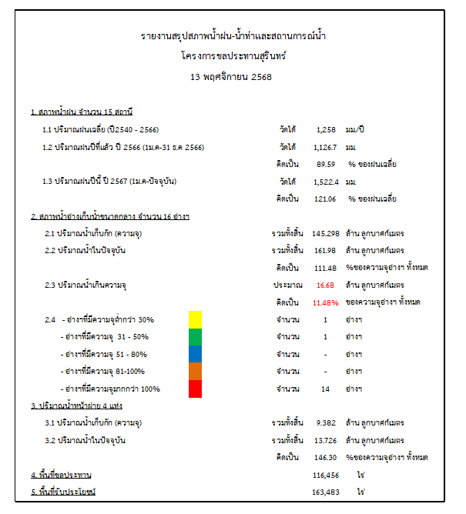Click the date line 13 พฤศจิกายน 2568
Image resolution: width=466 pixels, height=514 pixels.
point(231,77)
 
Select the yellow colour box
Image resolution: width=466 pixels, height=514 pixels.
point(195,319)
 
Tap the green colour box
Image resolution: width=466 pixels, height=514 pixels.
point(195,337)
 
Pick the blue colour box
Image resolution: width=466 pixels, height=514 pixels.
point(195,354)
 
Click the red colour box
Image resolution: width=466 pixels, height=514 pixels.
point(195,389)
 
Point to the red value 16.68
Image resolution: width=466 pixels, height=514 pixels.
point(325,285)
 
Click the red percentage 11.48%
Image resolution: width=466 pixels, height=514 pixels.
point(325,302)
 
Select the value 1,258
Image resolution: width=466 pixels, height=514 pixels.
point(327,128)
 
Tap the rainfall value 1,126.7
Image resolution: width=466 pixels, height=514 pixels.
point(327,146)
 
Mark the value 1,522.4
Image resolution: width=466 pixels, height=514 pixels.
point(327,182)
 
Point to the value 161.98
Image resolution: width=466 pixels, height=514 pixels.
point(325,250)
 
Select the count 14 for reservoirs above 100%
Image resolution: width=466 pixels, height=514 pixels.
point(325,389)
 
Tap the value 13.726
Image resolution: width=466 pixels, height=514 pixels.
point(325,440)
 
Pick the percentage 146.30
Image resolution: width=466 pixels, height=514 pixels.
point(325,457)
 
